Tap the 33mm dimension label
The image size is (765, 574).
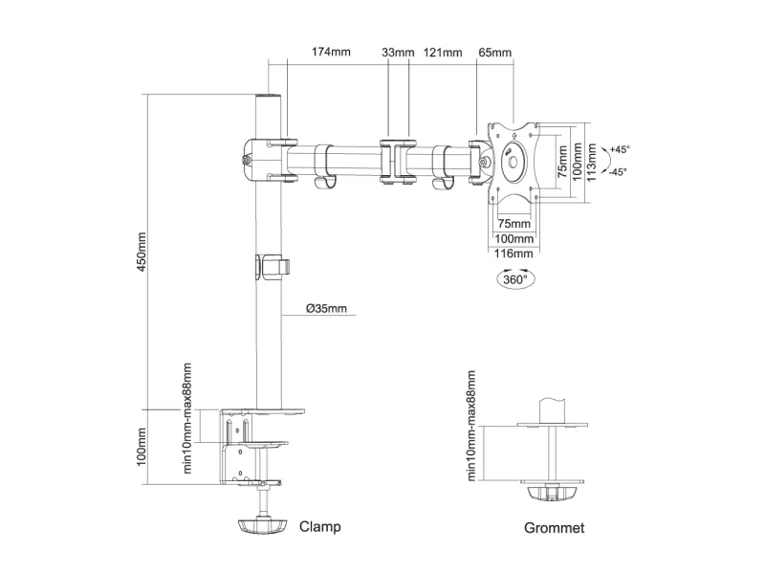[398, 52]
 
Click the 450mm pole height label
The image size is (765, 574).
[142, 252]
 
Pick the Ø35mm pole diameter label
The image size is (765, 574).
[326, 308]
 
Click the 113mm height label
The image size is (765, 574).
[594, 162]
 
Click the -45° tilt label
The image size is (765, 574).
[619, 172]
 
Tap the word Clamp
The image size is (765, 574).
[320, 526]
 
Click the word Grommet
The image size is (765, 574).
[555, 528]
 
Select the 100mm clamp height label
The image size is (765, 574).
[142, 447]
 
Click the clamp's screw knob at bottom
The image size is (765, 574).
[261, 525]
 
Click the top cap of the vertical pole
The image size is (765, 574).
[269, 97]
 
